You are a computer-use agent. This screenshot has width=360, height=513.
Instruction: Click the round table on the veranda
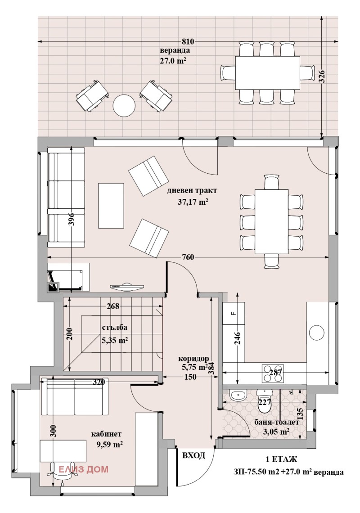(124, 106)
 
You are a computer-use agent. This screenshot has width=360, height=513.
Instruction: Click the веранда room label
(175, 51)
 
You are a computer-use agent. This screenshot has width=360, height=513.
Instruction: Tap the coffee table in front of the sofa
(111, 206)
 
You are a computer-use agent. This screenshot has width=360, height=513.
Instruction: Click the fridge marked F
(234, 313)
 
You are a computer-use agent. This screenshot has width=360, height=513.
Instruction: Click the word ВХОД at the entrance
(194, 455)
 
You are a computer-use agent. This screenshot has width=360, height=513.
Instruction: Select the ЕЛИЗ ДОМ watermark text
(84, 469)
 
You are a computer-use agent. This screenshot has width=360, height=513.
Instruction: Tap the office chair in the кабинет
(55, 470)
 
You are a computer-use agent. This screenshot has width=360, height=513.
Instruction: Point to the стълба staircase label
(115, 327)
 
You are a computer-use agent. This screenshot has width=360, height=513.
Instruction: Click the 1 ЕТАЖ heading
(281, 459)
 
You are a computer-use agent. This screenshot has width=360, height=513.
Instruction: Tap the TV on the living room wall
(127, 286)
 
